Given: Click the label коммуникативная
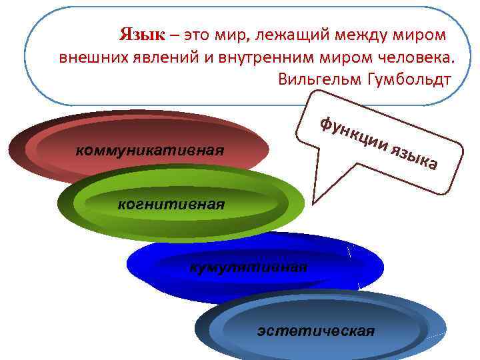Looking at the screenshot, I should point(150,149).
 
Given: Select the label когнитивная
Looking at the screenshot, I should point(171,203).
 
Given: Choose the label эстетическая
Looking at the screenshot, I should point(316,330).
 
